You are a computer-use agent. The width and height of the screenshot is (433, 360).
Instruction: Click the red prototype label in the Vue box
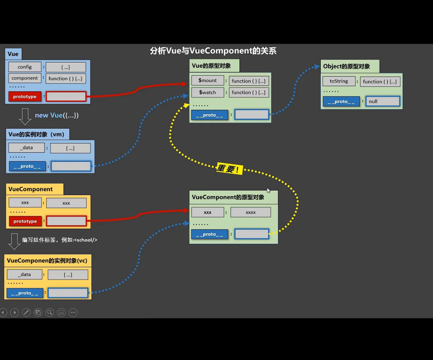[25, 97]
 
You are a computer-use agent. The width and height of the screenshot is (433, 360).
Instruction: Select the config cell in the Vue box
[25, 67]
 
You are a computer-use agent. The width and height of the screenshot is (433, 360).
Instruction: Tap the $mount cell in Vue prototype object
[208, 81]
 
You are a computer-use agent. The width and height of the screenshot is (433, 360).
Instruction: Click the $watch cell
[208, 93]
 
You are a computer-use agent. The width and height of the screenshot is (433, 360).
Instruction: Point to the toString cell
[338, 81]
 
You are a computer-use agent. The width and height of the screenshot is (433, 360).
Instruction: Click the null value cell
[383, 101]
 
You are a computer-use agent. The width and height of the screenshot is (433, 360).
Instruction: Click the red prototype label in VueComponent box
[25, 221]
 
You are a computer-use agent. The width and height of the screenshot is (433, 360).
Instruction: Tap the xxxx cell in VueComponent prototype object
[251, 212]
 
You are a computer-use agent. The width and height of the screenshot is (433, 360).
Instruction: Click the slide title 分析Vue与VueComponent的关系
[213, 51]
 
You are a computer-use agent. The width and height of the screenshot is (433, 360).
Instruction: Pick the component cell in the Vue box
[25, 78]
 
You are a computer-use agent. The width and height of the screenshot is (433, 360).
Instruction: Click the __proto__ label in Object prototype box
[341, 101]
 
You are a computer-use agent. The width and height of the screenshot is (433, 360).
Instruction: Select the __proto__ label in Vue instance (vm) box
[27, 166]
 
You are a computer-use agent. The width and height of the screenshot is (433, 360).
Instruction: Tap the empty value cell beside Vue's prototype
[66, 97]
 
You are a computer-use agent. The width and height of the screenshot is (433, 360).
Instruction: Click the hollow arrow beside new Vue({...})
[25, 116]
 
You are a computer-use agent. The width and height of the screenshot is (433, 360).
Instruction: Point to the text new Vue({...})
[56, 115]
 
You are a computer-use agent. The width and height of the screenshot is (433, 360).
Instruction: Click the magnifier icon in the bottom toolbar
[50, 312]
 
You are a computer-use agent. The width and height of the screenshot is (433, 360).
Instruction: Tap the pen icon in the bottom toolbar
[26, 312]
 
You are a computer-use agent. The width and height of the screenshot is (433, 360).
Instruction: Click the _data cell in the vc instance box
[25, 275]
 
